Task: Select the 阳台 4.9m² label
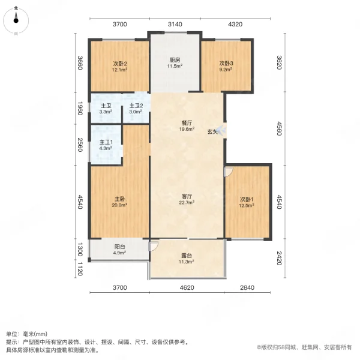tap(119, 248)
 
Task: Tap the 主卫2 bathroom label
tap(136, 109)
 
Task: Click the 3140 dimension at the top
tap(175, 24)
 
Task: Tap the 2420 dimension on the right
tap(279, 259)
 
